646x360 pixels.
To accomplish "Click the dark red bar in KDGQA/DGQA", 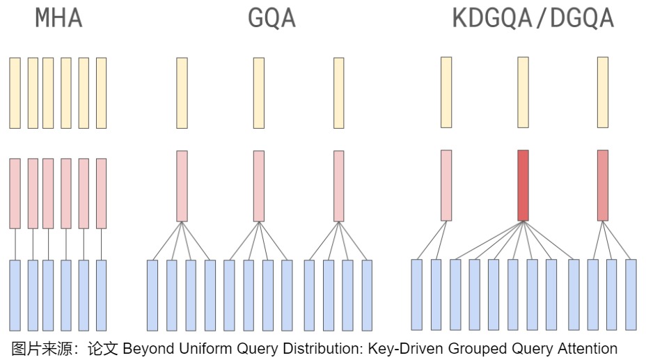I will (523, 185).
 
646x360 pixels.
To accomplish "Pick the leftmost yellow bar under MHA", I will (15, 93).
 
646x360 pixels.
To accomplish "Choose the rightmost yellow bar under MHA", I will (102, 93).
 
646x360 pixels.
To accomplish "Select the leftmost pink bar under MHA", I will (15, 193).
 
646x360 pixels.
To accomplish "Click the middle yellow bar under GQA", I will (258, 93).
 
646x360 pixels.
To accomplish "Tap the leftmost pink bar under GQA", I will (182, 185).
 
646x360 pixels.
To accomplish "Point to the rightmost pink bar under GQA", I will (338, 185).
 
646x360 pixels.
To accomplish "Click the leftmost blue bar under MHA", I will (15, 295).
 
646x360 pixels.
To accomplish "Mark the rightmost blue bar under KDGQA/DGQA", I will (631, 294).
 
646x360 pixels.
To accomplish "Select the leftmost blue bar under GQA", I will (152, 295).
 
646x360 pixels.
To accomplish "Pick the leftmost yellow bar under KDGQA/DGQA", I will (446, 92).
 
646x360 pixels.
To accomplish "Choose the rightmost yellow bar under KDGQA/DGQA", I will (603, 92).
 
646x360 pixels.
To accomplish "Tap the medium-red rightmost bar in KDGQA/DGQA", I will (603, 185).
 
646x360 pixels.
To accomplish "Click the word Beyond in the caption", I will (148, 348).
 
